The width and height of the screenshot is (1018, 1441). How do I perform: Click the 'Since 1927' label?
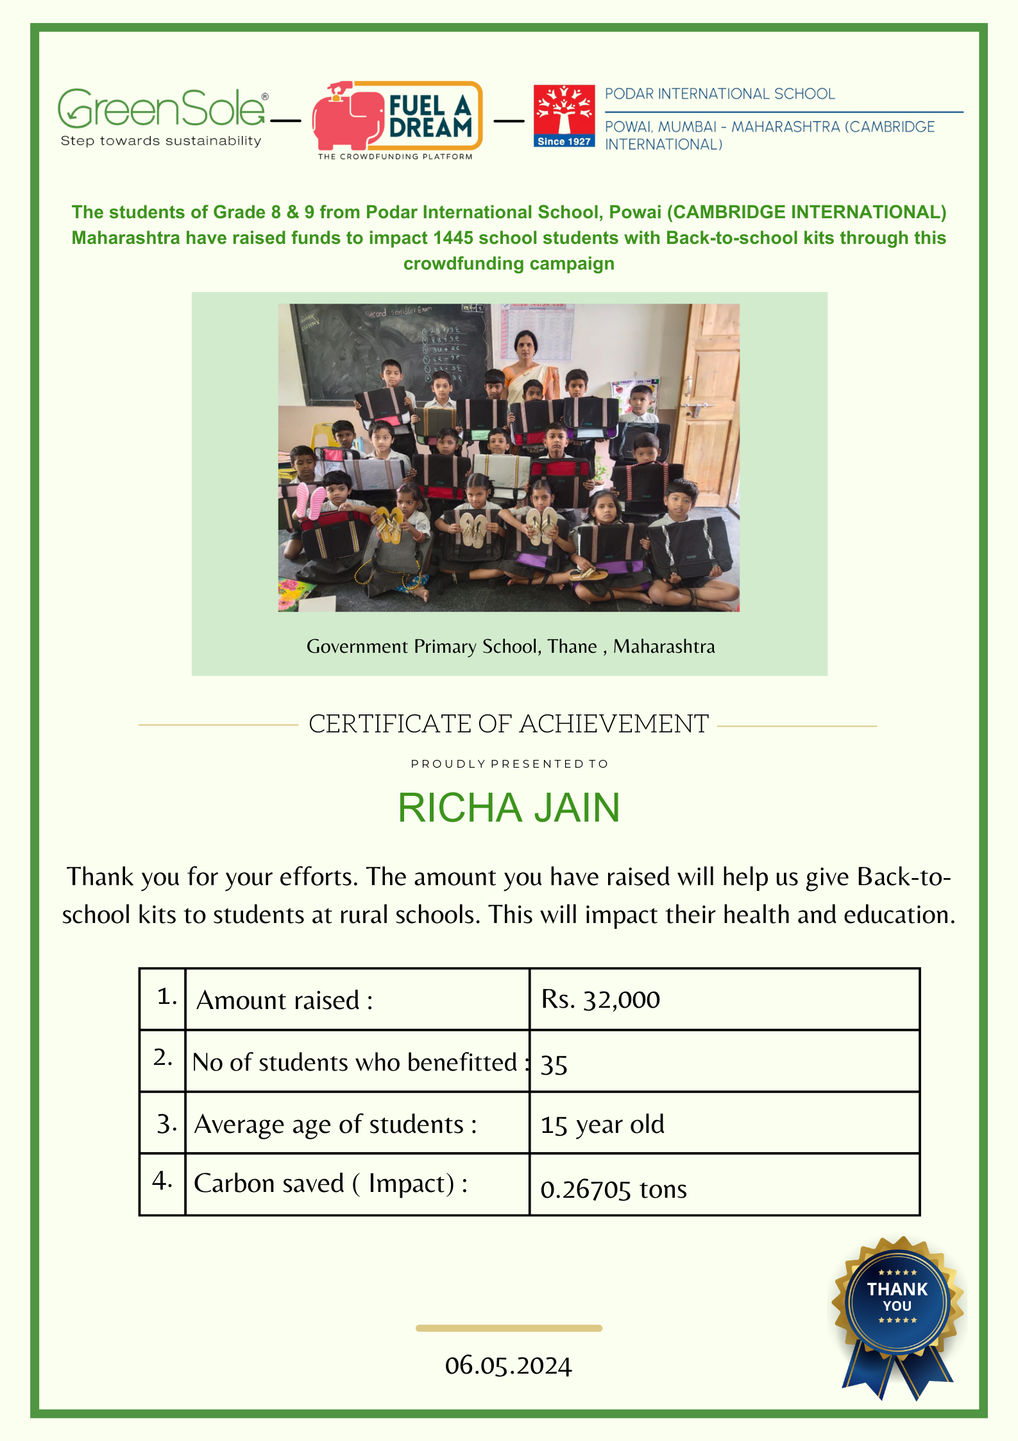coord(564,141)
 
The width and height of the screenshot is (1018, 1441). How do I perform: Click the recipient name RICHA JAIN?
coord(509,807)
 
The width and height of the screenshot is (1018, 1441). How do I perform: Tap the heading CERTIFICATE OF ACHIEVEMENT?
coord(509,724)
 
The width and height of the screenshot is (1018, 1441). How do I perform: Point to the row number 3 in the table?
coord(165,1124)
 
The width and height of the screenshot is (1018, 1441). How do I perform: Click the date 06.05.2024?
coord(508,1365)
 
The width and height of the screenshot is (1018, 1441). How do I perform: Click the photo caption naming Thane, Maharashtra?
coord(510,646)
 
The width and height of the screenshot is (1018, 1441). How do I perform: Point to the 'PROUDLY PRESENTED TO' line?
coord(509,764)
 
